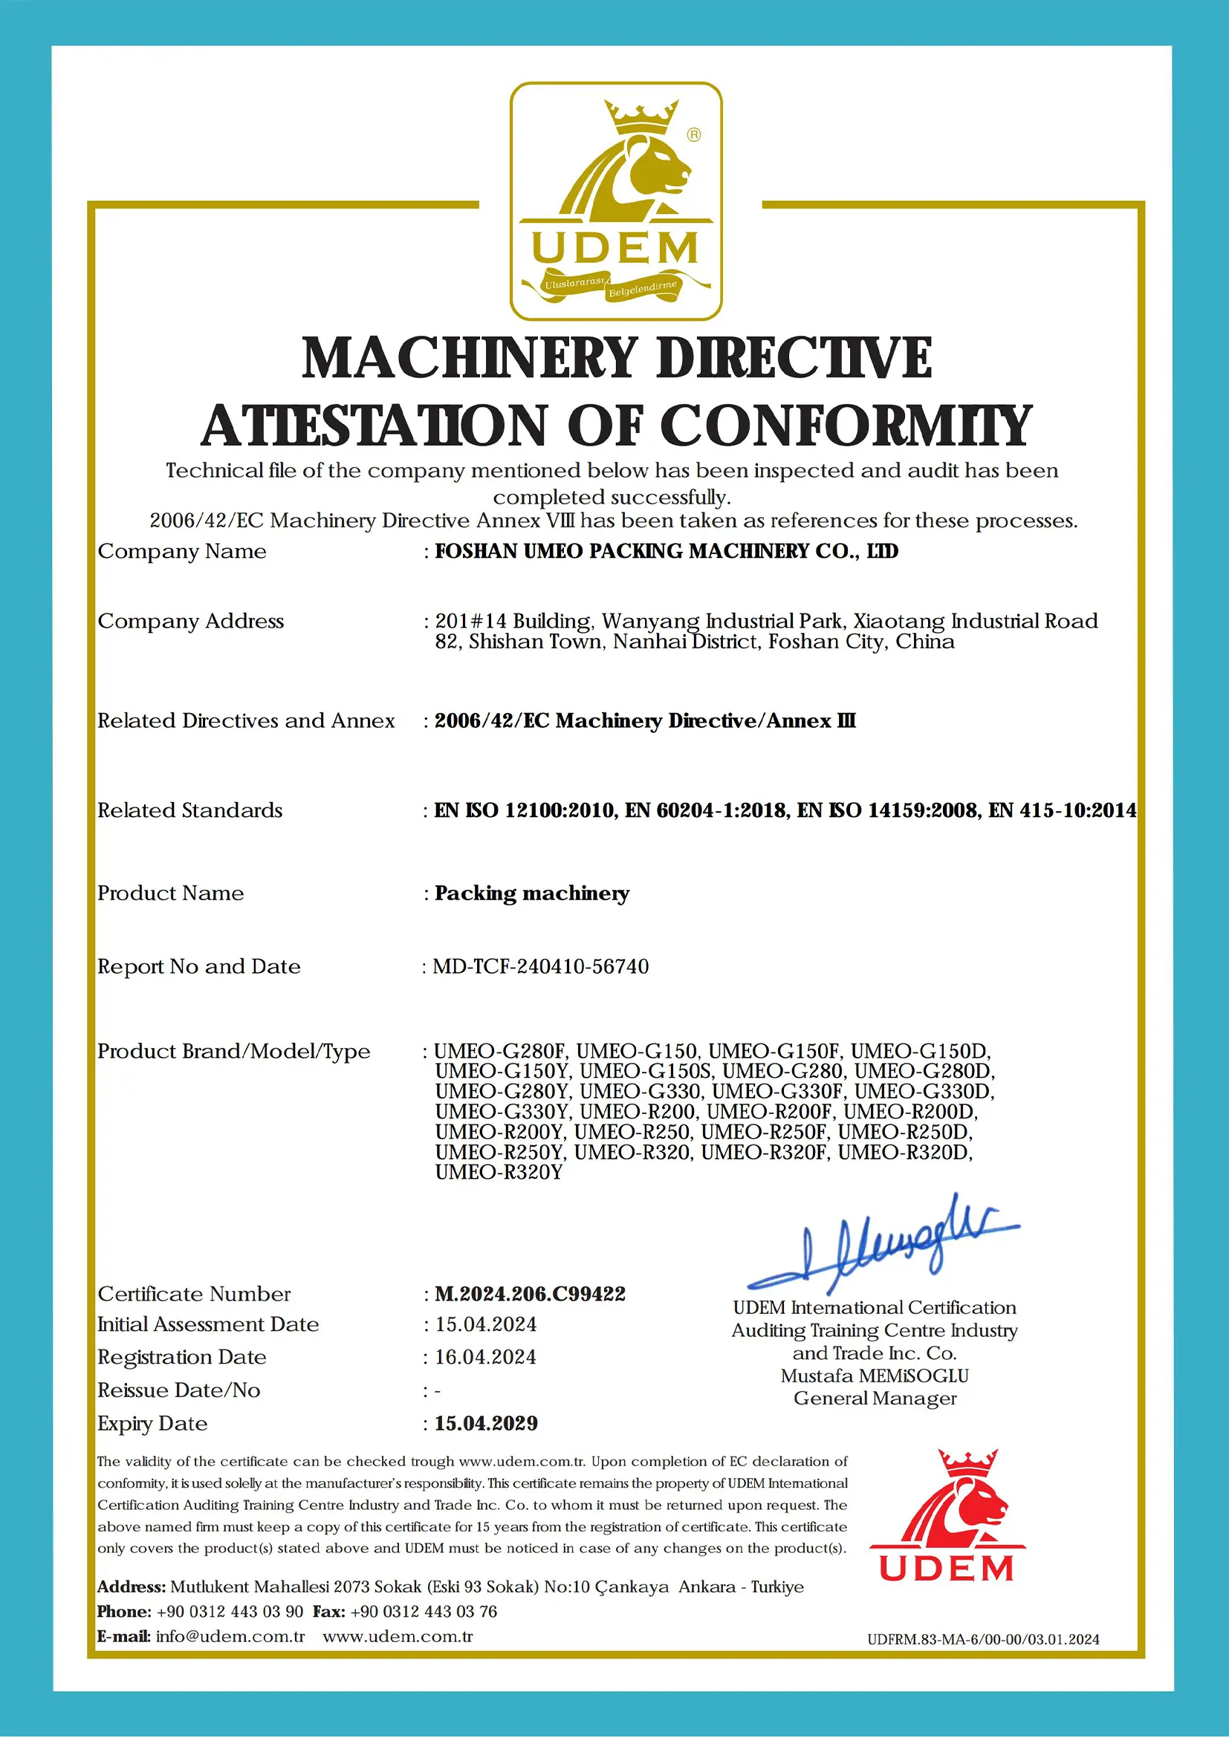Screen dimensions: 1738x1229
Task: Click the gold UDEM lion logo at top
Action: coord(615,201)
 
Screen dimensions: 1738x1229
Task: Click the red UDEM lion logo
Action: coord(947,1516)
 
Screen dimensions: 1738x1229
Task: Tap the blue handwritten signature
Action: coord(883,1248)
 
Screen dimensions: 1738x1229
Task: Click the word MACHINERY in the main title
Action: coord(470,358)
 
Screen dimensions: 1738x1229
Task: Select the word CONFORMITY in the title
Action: coord(846,426)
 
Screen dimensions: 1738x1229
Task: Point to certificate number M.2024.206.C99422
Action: coord(530,1294)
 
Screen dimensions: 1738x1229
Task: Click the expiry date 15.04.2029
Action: coord(485,1423)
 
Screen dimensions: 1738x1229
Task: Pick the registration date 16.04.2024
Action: coord(484,1357)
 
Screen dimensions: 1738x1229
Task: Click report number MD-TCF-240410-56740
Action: coord(541,966)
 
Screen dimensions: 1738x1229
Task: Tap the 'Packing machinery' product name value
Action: coord(531,894)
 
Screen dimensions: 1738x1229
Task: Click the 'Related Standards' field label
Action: coord(189,811)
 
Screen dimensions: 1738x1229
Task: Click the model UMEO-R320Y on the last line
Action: coord(499,1173)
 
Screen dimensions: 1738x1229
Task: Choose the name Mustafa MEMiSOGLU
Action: coord(875,1376)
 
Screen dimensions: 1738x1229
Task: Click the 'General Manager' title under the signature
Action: coord(875,1398)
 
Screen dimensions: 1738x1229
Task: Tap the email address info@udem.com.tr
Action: coord(230,1636)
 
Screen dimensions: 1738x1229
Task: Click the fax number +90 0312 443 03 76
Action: coord(424,1612)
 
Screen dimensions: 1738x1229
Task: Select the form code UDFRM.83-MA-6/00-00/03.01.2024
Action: coord(983,1640)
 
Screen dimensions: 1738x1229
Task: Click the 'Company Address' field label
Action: coord(190,622)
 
